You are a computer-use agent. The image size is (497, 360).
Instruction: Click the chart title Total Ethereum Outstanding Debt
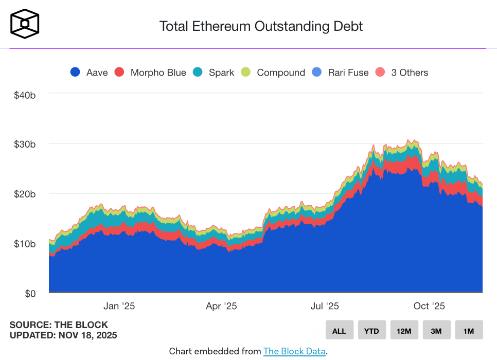tap(261, 26)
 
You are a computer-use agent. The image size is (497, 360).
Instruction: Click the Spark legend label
tap(221, 73)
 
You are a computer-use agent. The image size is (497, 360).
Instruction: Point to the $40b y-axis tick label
tap(24, 95)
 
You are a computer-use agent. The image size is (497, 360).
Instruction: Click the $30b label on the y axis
tap(24, 145)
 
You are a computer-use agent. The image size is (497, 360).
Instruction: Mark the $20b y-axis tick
tap(24, 194)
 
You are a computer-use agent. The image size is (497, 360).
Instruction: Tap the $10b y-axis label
tap(24, 243)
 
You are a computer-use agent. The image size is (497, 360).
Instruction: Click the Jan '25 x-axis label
tap(119, 307)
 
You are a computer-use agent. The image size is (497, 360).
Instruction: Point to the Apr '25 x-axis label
tap(221, 307)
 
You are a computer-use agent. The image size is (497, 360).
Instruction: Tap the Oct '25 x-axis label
tap(429, 307)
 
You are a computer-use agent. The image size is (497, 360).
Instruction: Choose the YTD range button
tap(371, 330)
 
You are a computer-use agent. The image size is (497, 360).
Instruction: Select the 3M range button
tap(436, 330)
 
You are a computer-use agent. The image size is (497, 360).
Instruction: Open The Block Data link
tap(294, 352)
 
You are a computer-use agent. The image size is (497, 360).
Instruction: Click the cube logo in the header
tap(24, 24)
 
